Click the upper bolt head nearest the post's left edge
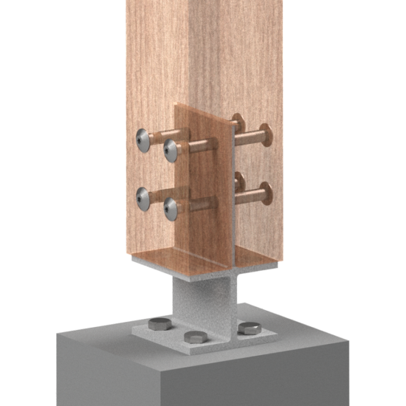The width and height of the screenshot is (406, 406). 143,138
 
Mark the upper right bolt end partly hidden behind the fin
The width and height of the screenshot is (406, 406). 238,120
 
